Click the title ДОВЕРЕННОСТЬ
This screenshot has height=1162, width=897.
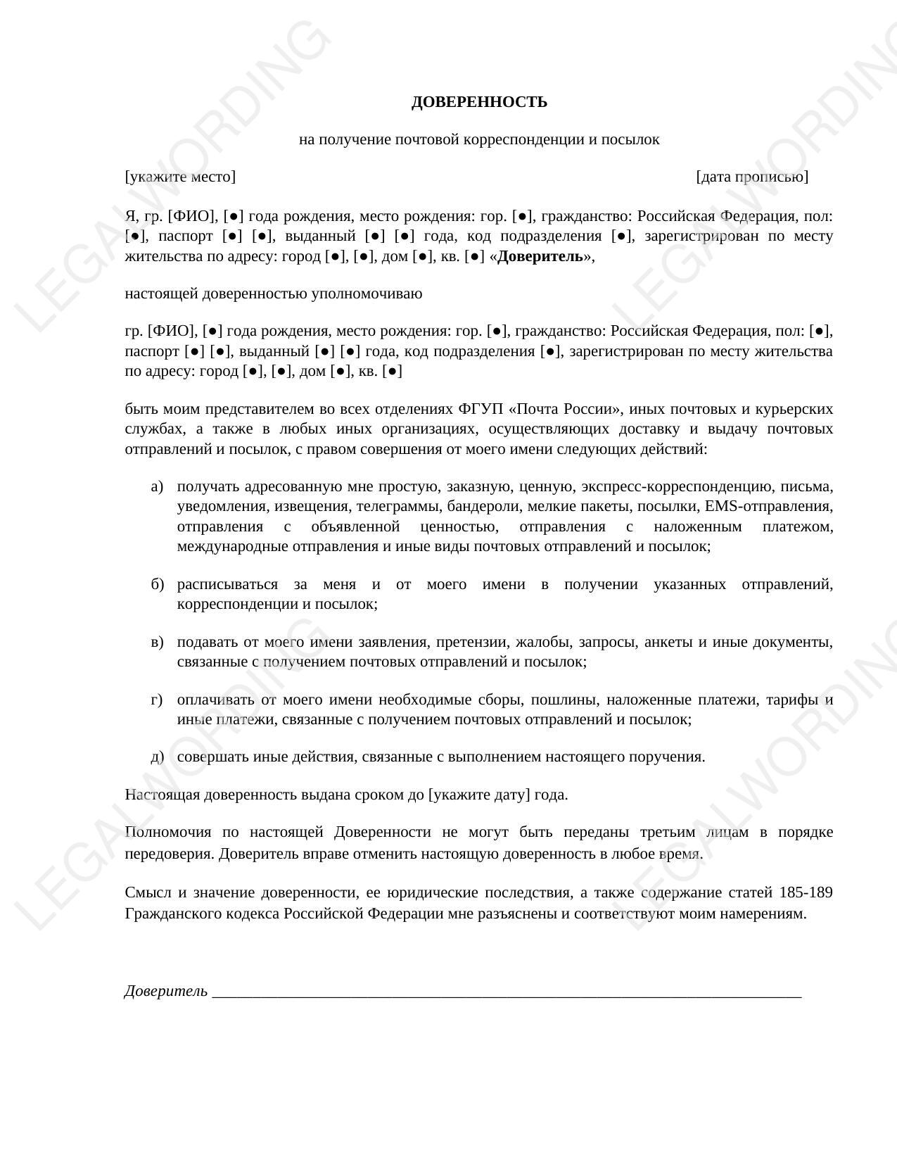[479, 102]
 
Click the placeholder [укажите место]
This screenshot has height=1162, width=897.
[180, 177]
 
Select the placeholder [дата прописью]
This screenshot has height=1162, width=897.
[752, 177]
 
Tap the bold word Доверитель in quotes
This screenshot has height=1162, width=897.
[540, 256]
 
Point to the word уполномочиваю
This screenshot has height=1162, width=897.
[367, 293]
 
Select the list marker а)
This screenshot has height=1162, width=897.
[157, 486]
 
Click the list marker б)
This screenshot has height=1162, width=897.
[157, 584]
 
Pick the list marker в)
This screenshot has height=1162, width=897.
[157, 642]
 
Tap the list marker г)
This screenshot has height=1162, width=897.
[157, 700]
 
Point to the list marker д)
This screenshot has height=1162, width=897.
[157, 757]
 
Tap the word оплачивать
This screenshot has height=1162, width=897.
[215, 700]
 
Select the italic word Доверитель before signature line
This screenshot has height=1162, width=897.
[166, 991]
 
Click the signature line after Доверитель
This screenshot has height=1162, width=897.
[507, 994]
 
